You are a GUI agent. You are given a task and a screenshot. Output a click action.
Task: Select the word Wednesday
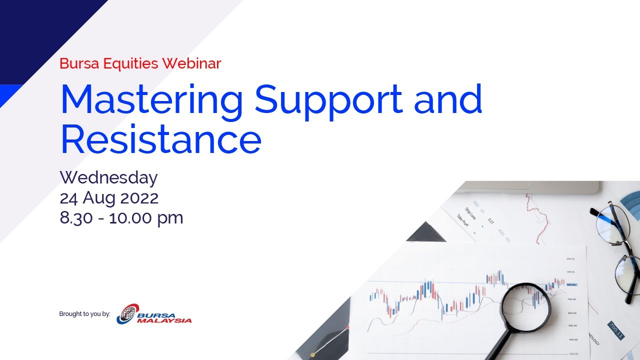[x=108, y=177]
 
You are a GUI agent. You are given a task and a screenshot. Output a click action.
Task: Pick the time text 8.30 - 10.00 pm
[x=121, y=218]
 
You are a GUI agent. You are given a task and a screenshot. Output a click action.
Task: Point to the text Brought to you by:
[x=84, y=314]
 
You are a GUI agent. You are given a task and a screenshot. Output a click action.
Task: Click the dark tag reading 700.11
[x=615, y=330]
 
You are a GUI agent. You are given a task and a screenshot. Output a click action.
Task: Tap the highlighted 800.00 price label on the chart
[x=571, y=284]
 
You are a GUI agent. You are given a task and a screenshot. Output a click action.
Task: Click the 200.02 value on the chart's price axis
[x=570, y=259]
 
